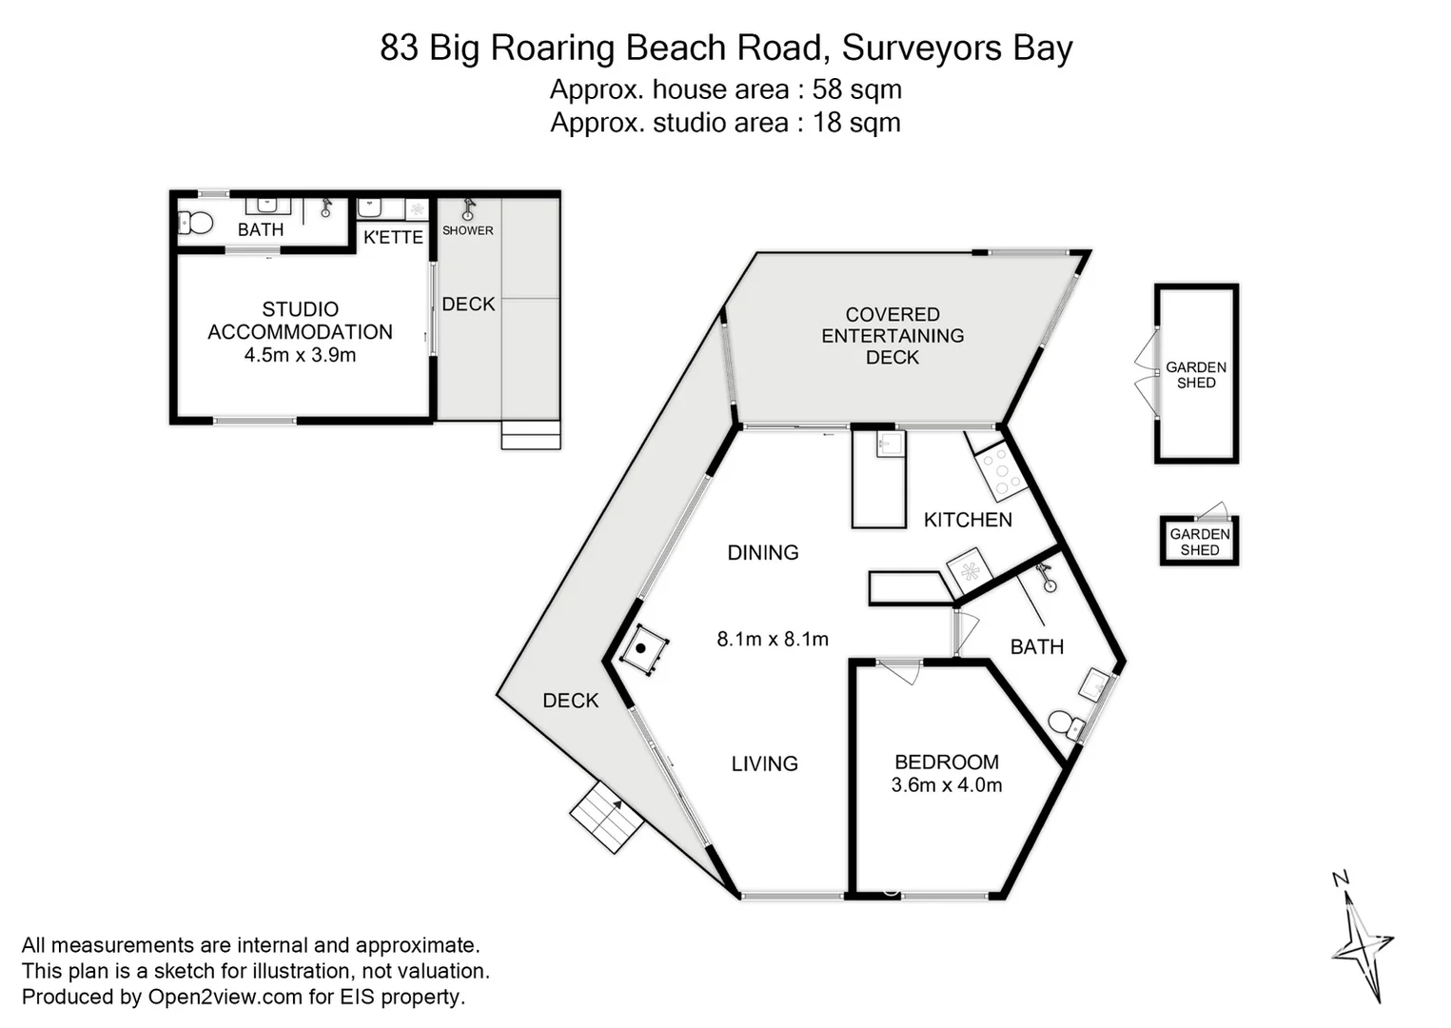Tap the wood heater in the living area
point(642,649)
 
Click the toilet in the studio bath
point(196,223)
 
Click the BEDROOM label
point(946,762)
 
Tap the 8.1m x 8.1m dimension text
point(772,640)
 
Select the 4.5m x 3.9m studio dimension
point(300,355)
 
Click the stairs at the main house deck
point(607,817)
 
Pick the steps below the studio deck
point(531,435)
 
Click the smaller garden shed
point(1199,541)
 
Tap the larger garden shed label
point(1196,375)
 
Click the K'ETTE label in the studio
point(393,237)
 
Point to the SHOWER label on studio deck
point(467,230)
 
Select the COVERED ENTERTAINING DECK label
point(892,336)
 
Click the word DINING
point(762,553)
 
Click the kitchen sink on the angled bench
point(970,571)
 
